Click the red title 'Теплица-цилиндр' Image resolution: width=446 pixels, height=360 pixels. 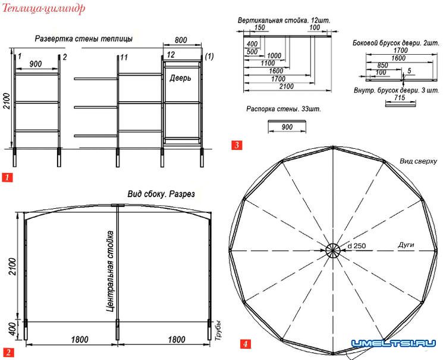click(x=43, y=8)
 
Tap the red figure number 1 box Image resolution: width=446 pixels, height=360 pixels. click(x=7, y=177)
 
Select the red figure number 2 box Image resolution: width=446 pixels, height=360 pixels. click(x=8, y=352)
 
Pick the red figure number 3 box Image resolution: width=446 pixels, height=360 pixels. click(x=237, y=145)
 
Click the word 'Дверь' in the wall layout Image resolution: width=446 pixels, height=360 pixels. click(x=180, y=78)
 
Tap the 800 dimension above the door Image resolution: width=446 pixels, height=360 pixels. click(x=181, y=40)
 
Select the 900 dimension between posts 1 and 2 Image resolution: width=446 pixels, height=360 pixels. click(x=36, y=64)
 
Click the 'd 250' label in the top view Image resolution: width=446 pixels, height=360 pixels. click(x=357, y=246)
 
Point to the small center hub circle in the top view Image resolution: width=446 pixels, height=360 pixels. click(x=332, y=251)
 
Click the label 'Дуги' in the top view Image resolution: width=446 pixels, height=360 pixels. click(x=406, y=245)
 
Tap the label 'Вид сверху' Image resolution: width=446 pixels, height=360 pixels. click(x=418, y=161)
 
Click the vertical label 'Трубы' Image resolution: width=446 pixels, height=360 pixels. click(x=218, y=330)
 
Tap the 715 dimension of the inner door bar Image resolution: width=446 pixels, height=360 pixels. click(x=400, y=98)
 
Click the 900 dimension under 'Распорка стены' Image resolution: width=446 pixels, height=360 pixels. click(x=287, y=127)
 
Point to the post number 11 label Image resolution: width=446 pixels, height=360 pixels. click(x=124, y=58)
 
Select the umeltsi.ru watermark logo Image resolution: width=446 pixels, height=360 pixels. click(x=394, y=343)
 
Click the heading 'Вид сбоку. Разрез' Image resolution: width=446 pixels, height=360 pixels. click(x=161, y=194)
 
